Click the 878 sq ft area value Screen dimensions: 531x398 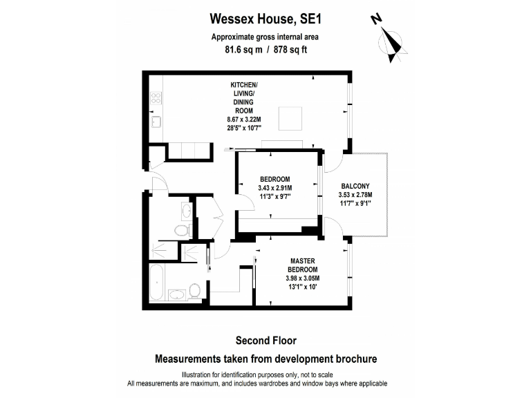(291, 50)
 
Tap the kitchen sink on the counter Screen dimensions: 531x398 (156, 123)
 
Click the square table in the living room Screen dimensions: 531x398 (290, 118)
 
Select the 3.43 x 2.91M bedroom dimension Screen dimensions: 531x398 (274, 188)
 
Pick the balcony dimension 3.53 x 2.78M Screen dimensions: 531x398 (356, 195)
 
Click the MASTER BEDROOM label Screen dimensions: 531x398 (304, 265)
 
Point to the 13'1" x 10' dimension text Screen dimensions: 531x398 (304, 287)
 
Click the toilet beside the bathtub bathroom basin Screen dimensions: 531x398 (195, 290)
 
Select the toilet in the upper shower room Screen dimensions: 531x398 (182, 230)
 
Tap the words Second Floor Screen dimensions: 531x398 (265, 340)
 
